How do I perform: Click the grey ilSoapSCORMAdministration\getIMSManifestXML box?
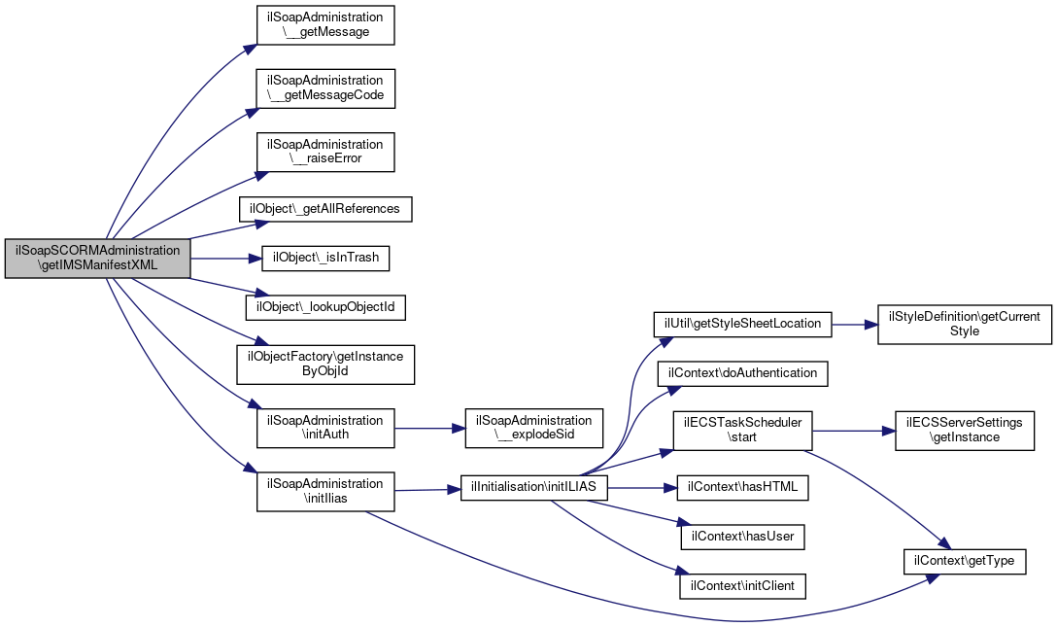[x=98, y=258]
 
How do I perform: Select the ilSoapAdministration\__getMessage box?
[x=325, y=25]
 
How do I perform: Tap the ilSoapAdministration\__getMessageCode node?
[x=325, y=88]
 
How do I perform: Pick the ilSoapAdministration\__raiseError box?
[x=325, y=152]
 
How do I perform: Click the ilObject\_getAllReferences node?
[x=325, y=209]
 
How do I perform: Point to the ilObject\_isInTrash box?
[x=325, y=258]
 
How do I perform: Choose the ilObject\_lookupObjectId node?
[x=325, y=307]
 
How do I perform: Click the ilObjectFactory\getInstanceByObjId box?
[x=325, y=365]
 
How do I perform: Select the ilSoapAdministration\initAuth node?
[x=325, y=428]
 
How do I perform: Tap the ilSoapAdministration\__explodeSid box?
[x=534, y=428]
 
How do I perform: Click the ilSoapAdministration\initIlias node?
[x=325, y=491]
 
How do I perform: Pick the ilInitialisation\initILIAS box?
[x=534, y=487]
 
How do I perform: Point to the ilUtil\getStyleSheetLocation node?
[x=743, y=325]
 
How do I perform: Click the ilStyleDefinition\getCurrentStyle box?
[x=965, y=325]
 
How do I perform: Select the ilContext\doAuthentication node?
[x=743, y=373]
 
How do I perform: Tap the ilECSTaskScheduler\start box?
[x=743, y=431]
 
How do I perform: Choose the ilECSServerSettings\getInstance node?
[x=965, y=431]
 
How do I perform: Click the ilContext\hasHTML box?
[x=743, y=487]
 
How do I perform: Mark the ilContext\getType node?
[x=965, y=562]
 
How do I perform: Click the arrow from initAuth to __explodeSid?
[x=429, y=428]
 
